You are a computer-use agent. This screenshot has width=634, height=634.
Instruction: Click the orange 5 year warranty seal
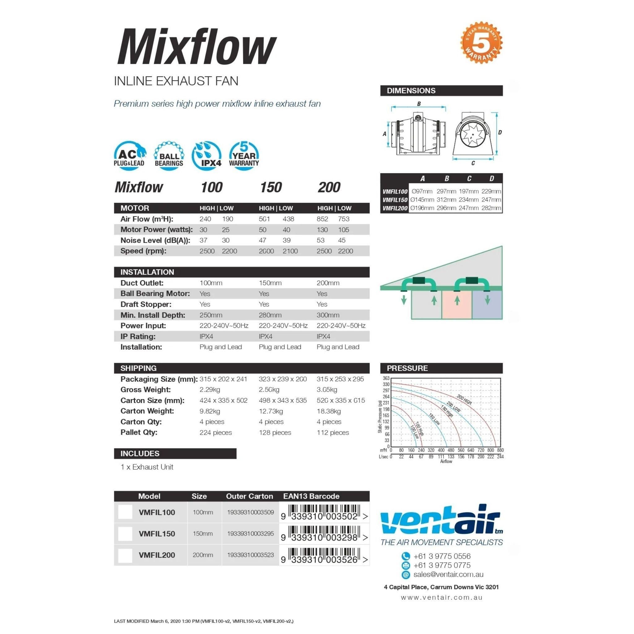(x=481, y=43)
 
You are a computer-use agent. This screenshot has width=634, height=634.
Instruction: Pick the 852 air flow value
(x=322, y=219)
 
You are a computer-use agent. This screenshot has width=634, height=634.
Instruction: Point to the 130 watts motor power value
(x=322, y=230)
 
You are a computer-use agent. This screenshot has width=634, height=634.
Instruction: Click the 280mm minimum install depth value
(x=270, y=315)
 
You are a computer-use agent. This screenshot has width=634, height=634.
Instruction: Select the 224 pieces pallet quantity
(x=215, y=432)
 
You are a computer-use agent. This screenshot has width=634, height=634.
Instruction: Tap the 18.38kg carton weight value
(x=328, y=411)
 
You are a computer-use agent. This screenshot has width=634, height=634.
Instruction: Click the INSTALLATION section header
(x=147, y=272)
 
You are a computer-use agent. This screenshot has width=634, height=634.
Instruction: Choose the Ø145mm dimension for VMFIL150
(x=422, y=200)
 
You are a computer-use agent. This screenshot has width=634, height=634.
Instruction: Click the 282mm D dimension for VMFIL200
(x=491, y=208)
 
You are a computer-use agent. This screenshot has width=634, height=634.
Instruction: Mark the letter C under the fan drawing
(x=473, y=163)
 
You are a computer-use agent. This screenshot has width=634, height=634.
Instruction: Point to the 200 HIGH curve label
(x=464, y=399)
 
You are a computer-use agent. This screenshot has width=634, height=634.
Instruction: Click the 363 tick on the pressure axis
(x=386, y=378)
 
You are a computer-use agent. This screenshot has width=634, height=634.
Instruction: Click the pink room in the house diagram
(x=457, y=305)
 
